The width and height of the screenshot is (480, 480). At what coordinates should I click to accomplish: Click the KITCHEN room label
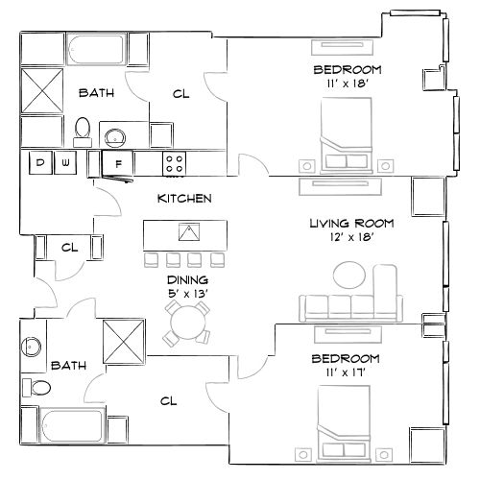tap(184, 199)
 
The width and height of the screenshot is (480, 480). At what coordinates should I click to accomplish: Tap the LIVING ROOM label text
tap(351, 224)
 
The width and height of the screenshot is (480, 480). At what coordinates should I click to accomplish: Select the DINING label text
tap(188, 279)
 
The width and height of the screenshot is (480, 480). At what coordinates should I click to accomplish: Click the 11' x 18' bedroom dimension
tap(348, 84)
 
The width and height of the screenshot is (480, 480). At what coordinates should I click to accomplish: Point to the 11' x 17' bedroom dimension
tap(348, 372)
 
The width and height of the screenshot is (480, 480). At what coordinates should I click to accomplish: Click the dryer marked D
tap(40, 163)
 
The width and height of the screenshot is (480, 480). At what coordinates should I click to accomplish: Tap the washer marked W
tap(65, 163)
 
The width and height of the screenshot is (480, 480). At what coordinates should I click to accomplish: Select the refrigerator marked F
tap(118, 164)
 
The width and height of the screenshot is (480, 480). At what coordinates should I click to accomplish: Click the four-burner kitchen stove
tap(174, 163)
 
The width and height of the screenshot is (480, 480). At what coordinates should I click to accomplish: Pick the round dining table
tap(185, 324)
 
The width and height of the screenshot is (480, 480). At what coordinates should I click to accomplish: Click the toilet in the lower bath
tap(39, 388)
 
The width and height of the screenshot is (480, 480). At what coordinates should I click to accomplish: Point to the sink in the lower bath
tap(34, 344)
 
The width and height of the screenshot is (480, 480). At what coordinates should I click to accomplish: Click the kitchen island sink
tap(188, 232)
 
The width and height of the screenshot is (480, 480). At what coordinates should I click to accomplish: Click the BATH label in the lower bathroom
tap(68, 366)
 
